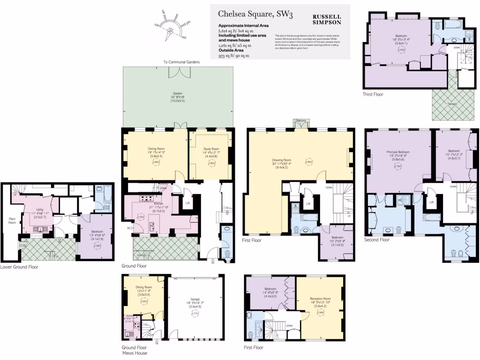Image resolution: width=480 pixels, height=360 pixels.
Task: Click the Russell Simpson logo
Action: [x=327, y=19]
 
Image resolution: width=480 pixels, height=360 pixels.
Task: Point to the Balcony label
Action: [x=301, y=121]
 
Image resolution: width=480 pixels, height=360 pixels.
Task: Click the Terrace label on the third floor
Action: [x=452, y=104]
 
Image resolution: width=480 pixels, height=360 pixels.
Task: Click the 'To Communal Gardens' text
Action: [x=181, y=62]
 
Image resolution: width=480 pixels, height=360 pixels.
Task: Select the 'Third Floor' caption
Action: [x=373, y=94]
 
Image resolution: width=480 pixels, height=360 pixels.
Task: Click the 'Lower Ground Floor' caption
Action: [x=19, y=267]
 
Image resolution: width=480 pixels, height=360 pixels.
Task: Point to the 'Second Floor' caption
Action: [x=376, y=240]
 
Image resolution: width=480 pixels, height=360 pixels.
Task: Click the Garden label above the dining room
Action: [x=178, y=93]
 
